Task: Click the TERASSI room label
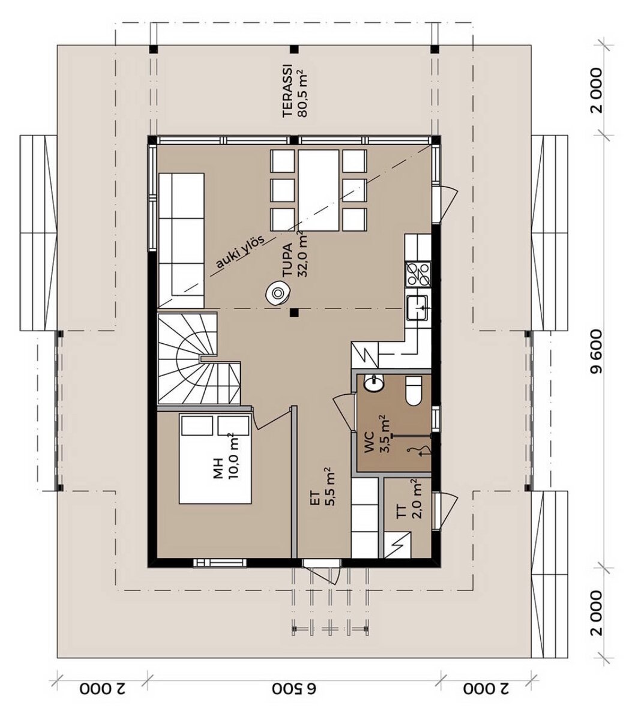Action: [287, 91]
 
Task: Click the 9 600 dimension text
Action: [597, 352]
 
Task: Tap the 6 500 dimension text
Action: [294, 689]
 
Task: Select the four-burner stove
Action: [418, 273]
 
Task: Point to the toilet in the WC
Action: [414, 391]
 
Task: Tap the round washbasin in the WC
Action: [374, 383]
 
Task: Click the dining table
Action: [318, 190]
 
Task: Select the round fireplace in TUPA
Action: [278, 293]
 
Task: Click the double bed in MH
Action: [214, 458]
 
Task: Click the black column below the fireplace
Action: [293, 313]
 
